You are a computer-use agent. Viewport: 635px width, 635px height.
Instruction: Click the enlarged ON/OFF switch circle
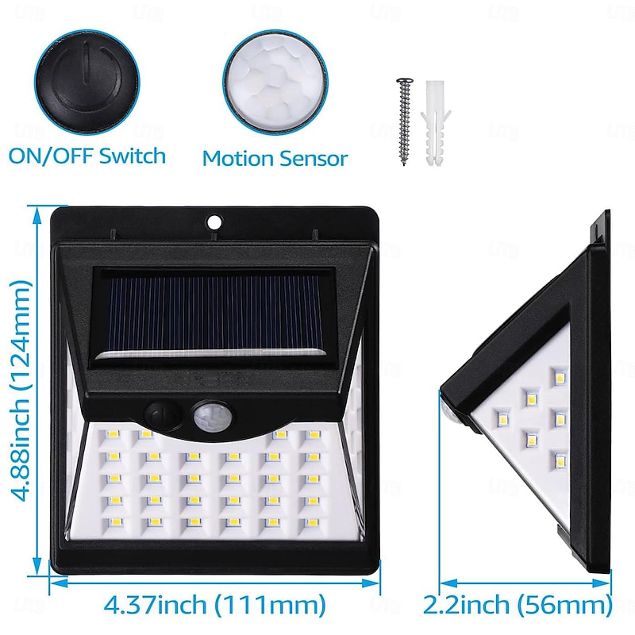coord(87,82)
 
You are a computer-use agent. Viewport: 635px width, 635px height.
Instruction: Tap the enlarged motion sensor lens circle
coord(275,83)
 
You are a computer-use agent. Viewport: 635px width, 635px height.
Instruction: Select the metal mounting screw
coord(405,121)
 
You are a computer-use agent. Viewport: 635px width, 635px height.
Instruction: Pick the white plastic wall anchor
coord(435,124)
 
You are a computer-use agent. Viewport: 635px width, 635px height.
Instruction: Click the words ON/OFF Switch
coord(87,156)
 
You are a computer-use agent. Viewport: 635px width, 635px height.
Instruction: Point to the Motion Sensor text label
coord(275,158)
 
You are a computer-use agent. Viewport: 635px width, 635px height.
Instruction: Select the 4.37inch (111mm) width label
coord(214,605)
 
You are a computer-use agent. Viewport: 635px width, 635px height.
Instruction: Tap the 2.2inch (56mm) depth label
coord(518,605)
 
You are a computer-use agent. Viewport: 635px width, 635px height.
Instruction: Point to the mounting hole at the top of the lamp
coord(214,221)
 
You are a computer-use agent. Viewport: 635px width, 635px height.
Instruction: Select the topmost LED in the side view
coord(560,377)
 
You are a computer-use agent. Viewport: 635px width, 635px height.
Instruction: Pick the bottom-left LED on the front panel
coord(114,523)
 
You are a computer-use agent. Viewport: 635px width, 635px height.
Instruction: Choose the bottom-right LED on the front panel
coord(312,523)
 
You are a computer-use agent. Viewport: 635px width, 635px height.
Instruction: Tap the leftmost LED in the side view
coord(502,418)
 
